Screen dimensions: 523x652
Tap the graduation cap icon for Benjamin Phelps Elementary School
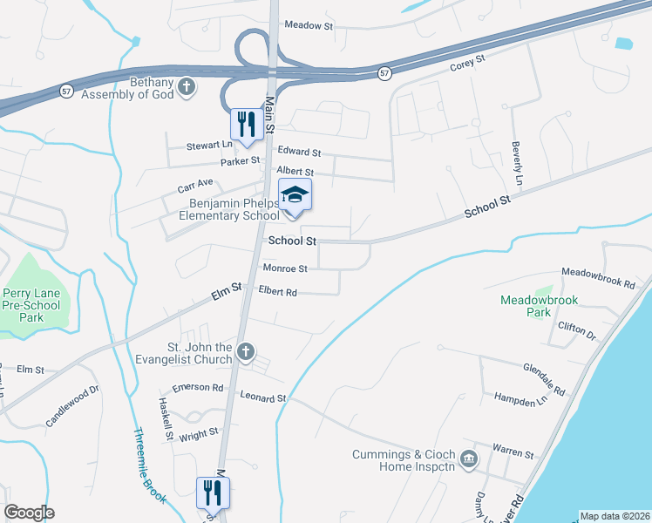coord(295,195)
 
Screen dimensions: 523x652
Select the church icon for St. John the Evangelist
coord(246,352)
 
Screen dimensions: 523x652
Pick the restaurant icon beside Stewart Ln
coord(246,123)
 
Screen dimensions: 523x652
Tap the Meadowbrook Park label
coord(539,306)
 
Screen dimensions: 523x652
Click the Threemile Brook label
coord(147,464)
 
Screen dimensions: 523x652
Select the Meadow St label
coord(309,26)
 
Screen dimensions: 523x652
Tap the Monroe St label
coord(285,269)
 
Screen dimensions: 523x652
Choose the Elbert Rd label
coord(278,293)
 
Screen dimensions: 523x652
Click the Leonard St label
coord(263,398)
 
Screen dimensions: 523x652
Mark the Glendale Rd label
coord(545,376)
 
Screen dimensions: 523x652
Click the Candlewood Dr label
coord(73,406)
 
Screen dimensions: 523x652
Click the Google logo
coord(29,513)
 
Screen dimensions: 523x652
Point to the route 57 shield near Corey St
coord(384,74)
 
